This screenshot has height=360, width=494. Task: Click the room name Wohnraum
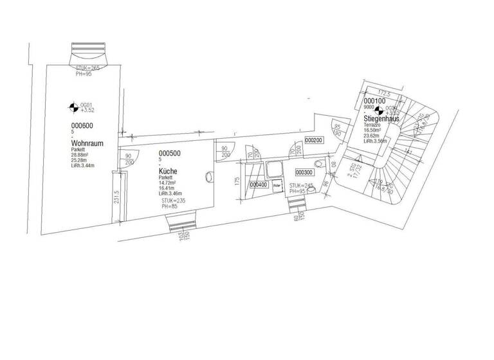coord(87,143)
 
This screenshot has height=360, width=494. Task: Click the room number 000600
coord(83,125)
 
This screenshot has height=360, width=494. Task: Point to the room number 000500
coord(169,153)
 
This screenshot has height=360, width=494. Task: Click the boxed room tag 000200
coord(313,139)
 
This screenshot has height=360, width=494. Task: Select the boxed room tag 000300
coord(304,172)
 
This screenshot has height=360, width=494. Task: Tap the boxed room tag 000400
coord(258,184)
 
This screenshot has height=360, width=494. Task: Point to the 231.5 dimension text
coord(116,195)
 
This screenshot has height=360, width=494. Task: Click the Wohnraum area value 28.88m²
coord(84,155)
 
